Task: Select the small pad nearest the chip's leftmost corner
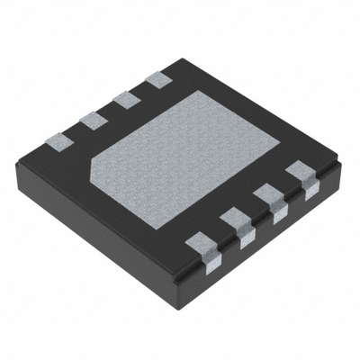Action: (x=57, y=139)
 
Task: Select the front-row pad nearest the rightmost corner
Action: (x=300, y=173)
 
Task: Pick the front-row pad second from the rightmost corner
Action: (x=268, y=195)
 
